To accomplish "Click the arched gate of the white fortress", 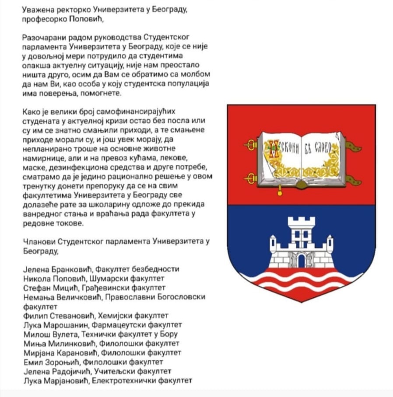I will click(x=301, y=261).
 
